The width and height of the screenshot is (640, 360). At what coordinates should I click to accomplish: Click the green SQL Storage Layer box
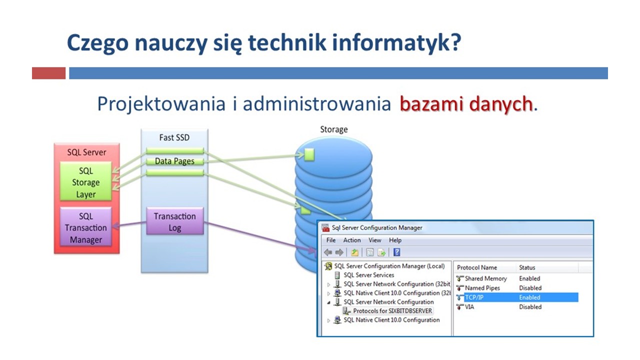(85, 181)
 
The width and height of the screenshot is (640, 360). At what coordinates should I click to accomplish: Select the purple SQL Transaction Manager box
(85, 227)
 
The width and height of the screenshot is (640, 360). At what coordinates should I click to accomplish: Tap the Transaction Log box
(175, 221)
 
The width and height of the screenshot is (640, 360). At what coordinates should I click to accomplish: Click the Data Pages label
(174, 161)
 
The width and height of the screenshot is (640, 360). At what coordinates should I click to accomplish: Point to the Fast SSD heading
(174, 137)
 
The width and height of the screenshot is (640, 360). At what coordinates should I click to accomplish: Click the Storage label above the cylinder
(333, 129)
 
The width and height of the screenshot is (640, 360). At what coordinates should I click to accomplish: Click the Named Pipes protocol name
(482, 287)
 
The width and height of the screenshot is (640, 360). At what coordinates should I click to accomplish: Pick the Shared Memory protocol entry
(485, 278)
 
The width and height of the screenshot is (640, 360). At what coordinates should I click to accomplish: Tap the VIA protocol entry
(469, 307)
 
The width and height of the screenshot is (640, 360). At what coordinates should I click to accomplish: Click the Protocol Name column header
(477, 267)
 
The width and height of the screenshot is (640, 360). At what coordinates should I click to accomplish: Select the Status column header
(527, 267)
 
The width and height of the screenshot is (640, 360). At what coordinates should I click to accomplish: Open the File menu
(331, 240)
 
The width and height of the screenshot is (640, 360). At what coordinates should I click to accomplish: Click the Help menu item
(395, 240)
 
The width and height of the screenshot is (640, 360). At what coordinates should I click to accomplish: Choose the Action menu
(352, 240)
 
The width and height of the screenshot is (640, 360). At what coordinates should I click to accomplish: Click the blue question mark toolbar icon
(397, 252)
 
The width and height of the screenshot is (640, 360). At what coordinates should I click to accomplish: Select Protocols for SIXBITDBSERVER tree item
(392, 310)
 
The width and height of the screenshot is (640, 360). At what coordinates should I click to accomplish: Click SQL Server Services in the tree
(368, 275)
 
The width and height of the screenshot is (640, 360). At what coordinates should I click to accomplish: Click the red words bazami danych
(466, 103)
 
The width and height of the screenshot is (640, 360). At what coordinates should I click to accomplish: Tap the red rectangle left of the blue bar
(48, 73)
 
